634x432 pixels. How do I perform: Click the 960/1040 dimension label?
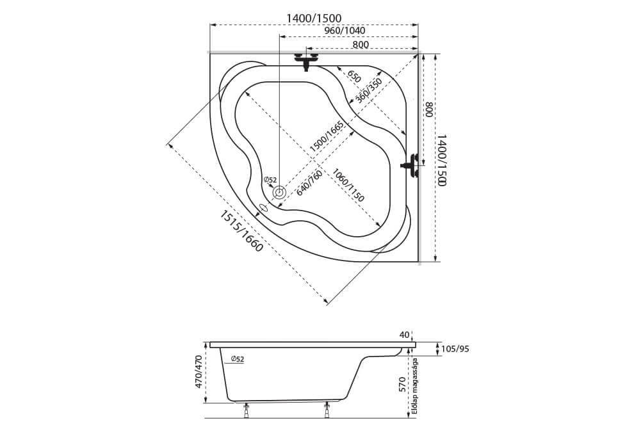pyautogui.click(x=345, y=31)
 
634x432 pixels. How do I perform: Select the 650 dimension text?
pyautogui.click(x=354, y=76)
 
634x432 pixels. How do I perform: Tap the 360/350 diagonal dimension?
pyautogui.click(x=368, y=90)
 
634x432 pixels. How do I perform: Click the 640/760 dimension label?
pyautogui.click(x=309, y=183)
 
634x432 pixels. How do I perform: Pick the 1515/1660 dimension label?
pyautogui.click(x=241, y=231)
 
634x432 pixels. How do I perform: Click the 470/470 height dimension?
pyautogui.click(x=199, y=372)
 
